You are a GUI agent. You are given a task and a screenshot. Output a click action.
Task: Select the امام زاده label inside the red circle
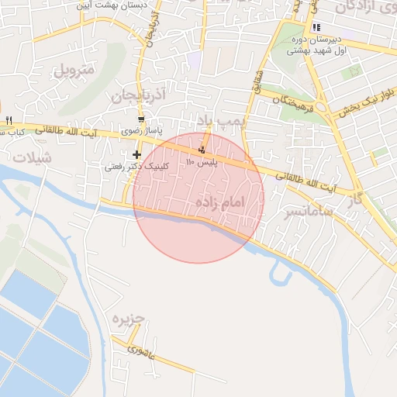point(232,202)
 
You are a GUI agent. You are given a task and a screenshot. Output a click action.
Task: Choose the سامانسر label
point(308,210)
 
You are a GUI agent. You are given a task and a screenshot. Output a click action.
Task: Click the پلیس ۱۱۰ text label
point(202,163)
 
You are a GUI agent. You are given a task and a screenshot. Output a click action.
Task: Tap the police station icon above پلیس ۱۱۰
point(203,149)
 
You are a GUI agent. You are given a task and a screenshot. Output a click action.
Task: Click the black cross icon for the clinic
point(137,155)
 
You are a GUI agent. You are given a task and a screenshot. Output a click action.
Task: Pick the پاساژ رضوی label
point(144,132)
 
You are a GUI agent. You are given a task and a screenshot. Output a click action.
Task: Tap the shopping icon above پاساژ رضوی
point(140,119)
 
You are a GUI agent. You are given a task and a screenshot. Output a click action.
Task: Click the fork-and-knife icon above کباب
point(9,120)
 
